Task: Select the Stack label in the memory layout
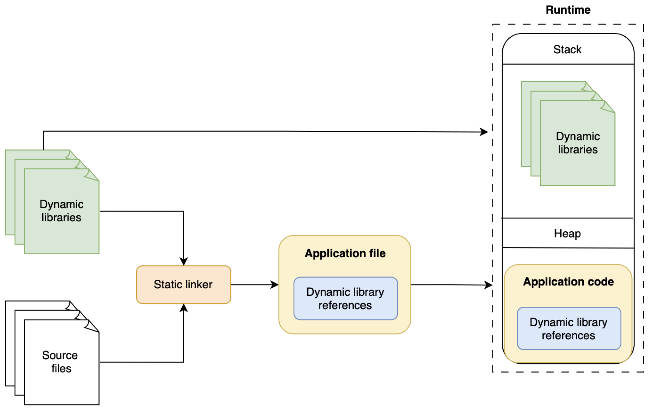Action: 567,50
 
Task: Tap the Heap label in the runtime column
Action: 567,234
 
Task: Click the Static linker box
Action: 183,285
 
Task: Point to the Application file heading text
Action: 345,253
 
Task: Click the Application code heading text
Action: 568,282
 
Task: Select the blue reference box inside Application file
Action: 345,299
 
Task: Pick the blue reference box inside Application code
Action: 569,329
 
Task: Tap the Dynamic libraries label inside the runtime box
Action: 578,143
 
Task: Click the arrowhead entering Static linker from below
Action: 183,308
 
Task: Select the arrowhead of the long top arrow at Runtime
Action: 484,132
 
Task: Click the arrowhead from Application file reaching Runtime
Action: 488,285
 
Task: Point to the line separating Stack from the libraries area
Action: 568,64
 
